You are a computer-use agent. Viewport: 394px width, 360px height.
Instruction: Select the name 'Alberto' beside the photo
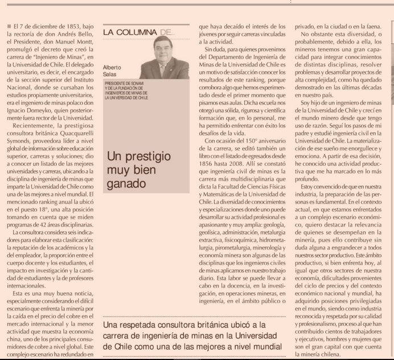[114, 67]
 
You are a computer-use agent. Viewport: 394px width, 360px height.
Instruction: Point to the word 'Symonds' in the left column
[18, 137]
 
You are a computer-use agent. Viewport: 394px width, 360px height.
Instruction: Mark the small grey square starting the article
[9, 26]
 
